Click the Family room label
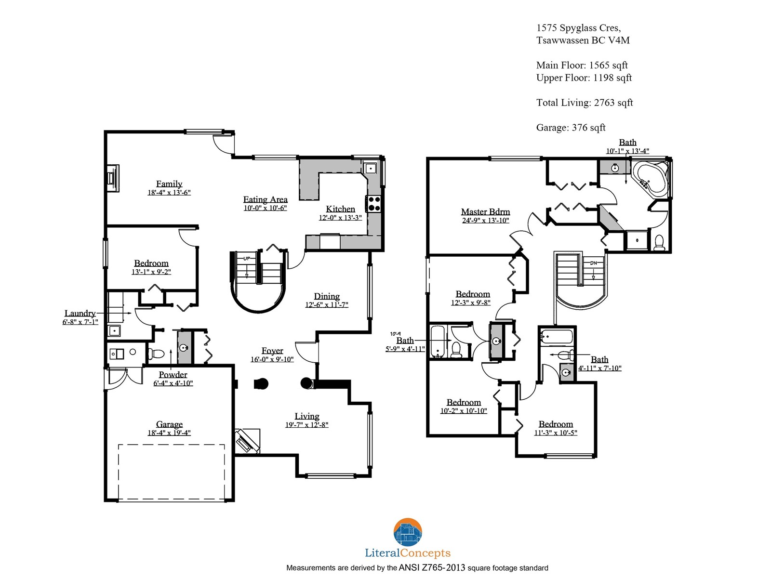tap(169, 184)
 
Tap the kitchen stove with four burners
tap(373, 204)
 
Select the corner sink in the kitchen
tap(370, 169)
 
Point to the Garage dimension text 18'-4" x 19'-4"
tap(169, 433)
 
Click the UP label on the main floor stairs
tap(247, 259)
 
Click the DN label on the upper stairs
tap(593, 263)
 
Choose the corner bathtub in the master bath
tap(651, 179)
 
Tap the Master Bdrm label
tap(485, 211)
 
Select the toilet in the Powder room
tap(156, 354)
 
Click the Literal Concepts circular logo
tap(408, 532)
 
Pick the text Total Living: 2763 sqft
tap(585, 103)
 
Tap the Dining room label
tap(327, 296)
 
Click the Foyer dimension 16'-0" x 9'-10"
tap(272, 359)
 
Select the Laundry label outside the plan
tap(80, 313)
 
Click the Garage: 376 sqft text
tap(571, 128)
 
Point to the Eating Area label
tap(265, 199)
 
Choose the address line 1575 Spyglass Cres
tap(579, 28)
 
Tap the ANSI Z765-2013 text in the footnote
tap(432, 567)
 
